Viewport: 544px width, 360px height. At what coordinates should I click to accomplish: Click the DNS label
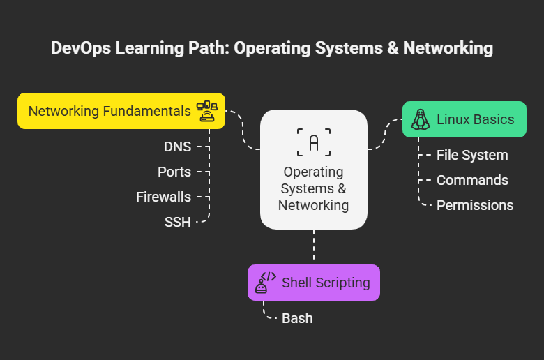tap(177, 147)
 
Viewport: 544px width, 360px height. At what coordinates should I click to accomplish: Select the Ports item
tap(174, 172)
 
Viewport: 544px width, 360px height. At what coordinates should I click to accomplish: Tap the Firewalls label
tap(163, 197)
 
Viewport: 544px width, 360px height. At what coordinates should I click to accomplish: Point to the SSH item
tap(177, 223)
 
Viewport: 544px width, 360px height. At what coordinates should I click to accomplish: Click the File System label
tap(472, 155)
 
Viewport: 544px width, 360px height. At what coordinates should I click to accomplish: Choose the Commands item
tap(472, 180)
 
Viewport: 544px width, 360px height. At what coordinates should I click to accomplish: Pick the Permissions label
tap(475, 205)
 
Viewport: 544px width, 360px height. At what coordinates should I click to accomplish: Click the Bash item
tap(297, 318)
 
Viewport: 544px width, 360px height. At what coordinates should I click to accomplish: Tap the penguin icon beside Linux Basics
tap(419, 119)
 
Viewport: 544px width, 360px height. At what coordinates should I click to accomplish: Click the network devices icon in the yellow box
tap(207, 111)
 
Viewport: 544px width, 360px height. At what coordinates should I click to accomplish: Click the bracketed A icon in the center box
tap(314, 142)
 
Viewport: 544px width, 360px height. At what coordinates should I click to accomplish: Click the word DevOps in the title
tap(81, 48)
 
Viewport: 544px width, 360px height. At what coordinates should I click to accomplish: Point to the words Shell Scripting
tap(326, 283)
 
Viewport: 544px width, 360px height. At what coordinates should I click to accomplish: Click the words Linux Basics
tap(475, 119)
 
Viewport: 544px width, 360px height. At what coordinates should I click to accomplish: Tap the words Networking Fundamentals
tap(109, 111)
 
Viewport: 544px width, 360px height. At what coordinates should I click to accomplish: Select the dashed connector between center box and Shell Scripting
tap(314, 246)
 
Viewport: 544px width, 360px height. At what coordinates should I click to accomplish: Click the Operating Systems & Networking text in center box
tap(314, 188)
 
